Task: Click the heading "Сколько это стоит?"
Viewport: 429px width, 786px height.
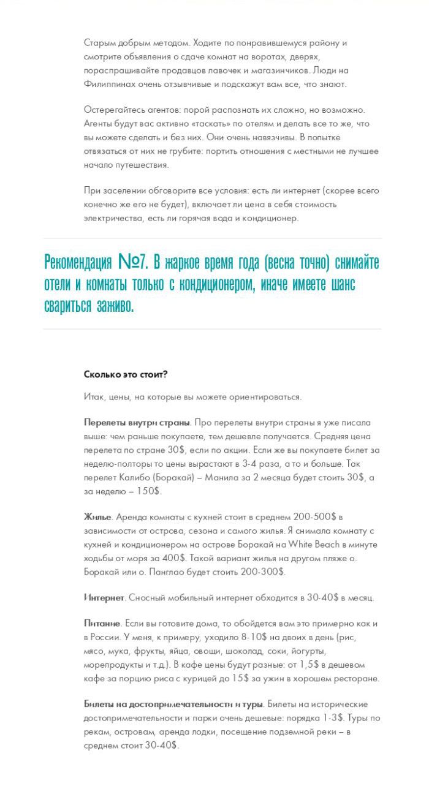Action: pos(126,374)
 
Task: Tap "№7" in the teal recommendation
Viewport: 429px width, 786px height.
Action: pos(133,262)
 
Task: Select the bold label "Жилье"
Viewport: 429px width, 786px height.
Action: pos(97,516)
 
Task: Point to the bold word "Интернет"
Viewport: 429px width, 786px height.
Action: pos(104,597)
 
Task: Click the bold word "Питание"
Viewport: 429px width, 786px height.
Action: pos(102,623)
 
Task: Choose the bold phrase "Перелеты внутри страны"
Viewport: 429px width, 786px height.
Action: pos(137,423)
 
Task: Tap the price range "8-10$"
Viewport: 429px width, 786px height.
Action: pos(209,637)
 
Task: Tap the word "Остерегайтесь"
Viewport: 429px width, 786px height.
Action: pos(113,110)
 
